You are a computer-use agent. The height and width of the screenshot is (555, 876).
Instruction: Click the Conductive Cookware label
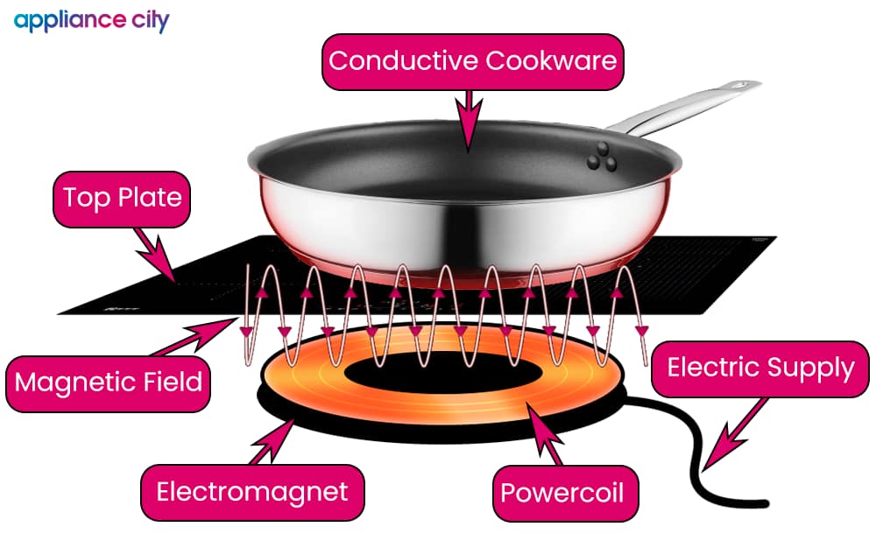click(473, 61)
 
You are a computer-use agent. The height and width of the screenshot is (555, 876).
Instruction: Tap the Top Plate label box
click(122, 198)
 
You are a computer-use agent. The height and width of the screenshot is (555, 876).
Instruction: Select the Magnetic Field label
click(109, 383)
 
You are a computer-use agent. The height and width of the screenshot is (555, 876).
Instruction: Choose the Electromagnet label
click(252, 492)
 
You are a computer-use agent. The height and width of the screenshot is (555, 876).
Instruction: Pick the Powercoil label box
click(562, 493)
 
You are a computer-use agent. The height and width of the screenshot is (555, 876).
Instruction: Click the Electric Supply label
click(760, 368)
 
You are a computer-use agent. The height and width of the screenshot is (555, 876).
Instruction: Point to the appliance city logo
click(91, 21)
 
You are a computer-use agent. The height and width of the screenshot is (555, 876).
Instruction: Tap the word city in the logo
click(147, 21)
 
